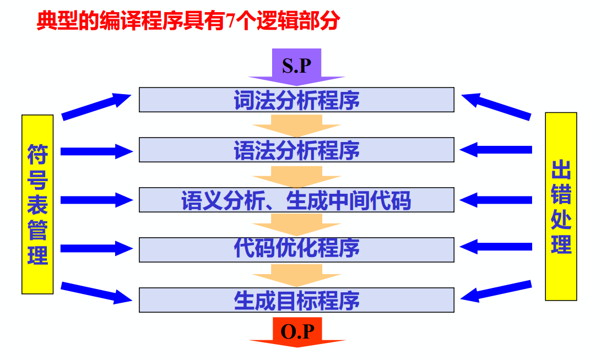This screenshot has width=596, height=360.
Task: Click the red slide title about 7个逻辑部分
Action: (x=187, y=22)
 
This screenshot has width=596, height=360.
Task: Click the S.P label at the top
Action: (x=296, y=66)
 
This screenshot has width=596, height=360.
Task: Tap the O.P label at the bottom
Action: (x=297, y=331)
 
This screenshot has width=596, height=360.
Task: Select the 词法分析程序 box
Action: (x=296, y=100)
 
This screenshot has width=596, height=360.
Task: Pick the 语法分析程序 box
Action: (x=296, y=150)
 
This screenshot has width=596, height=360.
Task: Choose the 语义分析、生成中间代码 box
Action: (x=296, y=200)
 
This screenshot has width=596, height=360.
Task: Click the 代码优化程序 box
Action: (x=296, y=249)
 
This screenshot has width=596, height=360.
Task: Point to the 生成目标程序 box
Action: (x=296, y=300)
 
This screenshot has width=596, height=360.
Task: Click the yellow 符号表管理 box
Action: (x=37, y=204)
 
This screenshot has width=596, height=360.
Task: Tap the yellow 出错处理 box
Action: (x=561, y=206)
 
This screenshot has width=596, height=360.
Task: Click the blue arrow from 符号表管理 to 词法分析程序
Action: (x=96, y=107)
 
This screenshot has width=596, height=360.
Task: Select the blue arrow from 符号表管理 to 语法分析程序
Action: (x=96, y=151)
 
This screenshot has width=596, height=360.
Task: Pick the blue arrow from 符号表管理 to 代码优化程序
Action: (x=96, y=248)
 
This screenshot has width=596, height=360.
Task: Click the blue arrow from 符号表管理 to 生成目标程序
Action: (x=96, y=292)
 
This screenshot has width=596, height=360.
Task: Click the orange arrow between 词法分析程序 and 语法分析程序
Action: (x=296, y=126)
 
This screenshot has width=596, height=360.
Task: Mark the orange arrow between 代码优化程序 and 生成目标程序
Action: (x=296, y=275)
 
